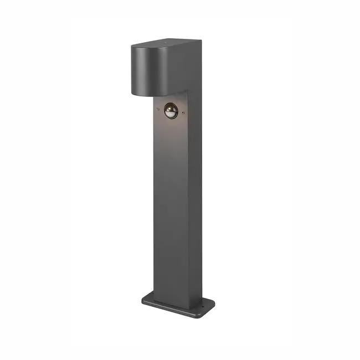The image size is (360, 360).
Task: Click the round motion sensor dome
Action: click(171, 111)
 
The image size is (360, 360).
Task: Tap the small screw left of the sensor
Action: click(157, 109)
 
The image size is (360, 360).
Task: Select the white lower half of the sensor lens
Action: click(171, 115)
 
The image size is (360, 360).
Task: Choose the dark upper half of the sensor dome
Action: click(171, 107)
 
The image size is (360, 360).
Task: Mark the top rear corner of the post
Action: click(200, 41)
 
